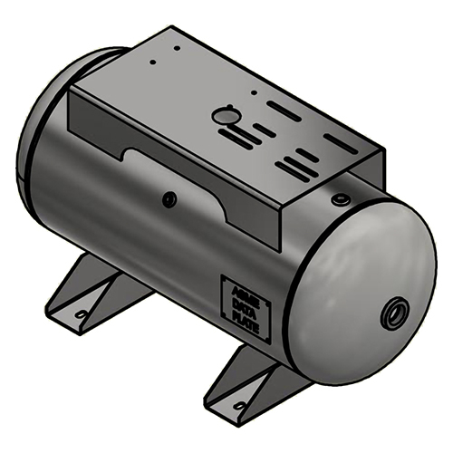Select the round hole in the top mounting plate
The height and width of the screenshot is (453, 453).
(223, 116)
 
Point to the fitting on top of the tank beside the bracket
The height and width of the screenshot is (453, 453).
(341, 197)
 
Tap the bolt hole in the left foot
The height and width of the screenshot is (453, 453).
(82, 313)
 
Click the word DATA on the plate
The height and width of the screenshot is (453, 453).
(245, 307)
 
